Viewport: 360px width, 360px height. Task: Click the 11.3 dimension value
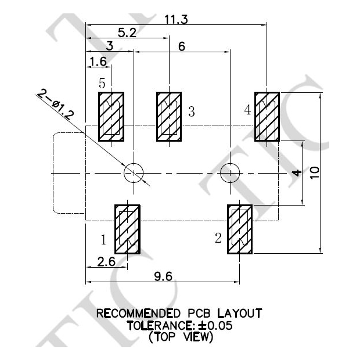click(x=177, y=19)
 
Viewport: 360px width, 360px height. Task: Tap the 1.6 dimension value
click(x=97, y=61)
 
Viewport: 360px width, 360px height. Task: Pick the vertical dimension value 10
click(x=314, y=172)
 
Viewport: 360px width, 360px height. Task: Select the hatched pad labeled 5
click(x=110, y=116)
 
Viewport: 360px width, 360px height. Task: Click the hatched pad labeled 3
click(x=169, y=116)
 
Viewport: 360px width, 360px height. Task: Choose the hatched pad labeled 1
click(x=127, y=229)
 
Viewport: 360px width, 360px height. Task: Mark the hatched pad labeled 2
click(x=239, y=229)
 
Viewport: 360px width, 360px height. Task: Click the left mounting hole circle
click(x=134, y=172)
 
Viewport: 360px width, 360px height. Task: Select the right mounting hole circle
click(x=231, y=172)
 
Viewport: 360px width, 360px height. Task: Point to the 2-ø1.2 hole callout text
click(x=56, y=105)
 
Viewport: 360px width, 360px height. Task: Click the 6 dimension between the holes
click(x=182, y=47)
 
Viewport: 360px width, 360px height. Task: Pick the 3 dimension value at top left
click(x=109, y=47)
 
